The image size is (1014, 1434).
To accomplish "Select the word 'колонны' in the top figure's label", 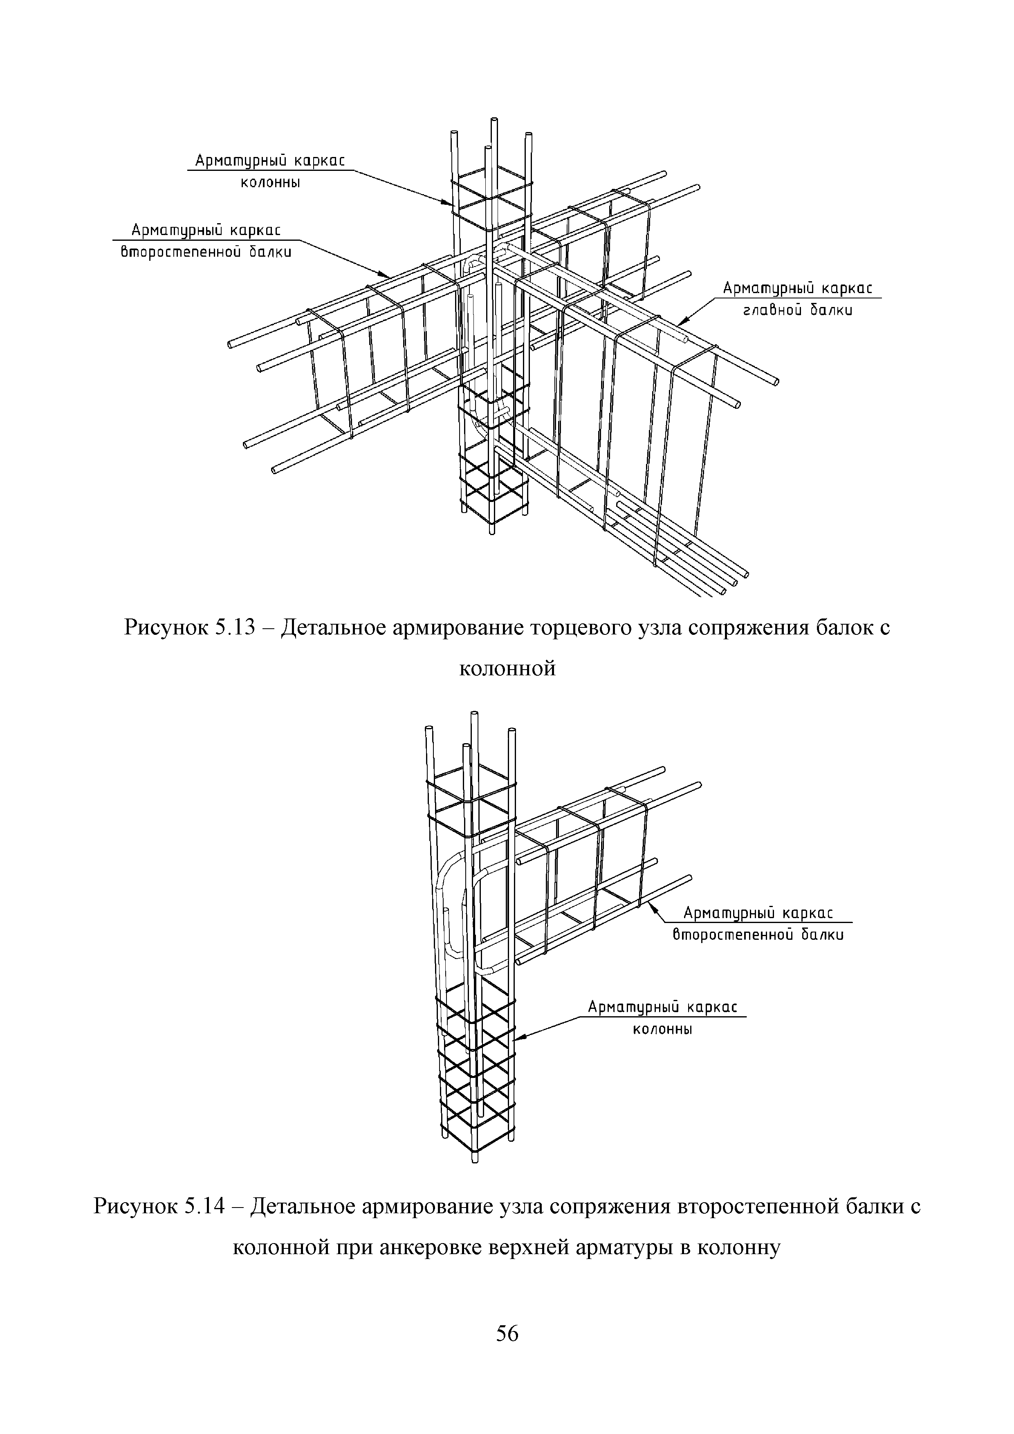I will [x=271, y=183].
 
